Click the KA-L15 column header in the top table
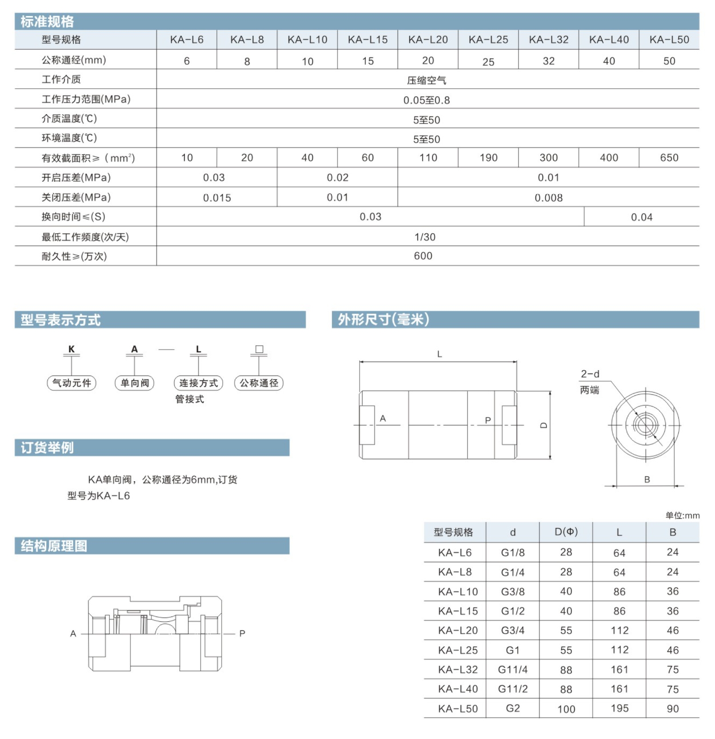tap(367, 40)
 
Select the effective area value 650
tap(669, 158)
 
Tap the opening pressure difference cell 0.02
tap(337, 177)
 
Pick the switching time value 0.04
tap(642, 217)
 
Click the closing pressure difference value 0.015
tap(217, 198)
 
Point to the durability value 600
tap(423, 256)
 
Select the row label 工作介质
tap(61, 80)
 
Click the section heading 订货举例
tap(48, 447)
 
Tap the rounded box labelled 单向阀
tap(135, 383)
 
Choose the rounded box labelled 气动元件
tap(72, 383)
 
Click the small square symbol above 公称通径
tap(259, 349)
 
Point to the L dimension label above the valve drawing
tap(439, 354)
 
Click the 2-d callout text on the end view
tap(590, 374)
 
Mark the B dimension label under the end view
tap(647, 479)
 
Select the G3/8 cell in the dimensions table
tap(512, 591)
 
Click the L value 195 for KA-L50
tap(619, 708)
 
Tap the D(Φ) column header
tap(566, 532)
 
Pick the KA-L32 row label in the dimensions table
tap(458, 669)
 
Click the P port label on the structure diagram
tap(242, 633)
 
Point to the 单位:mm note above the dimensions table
tap(682, 515)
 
